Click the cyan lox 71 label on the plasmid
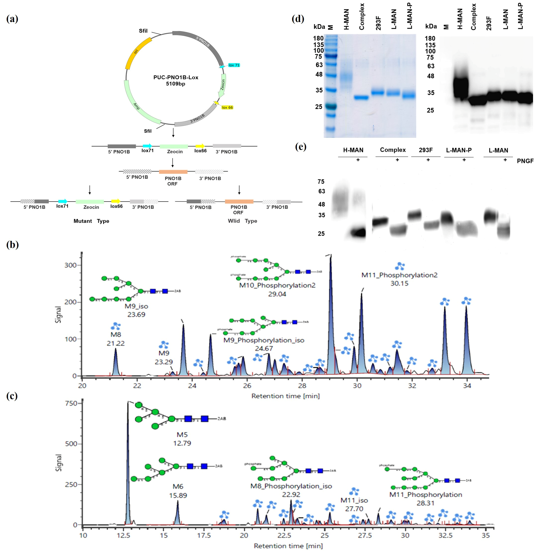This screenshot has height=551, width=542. point(234,65)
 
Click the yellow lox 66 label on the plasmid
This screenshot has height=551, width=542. point(227,108)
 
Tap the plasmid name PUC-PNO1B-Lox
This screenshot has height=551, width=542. point(176,77)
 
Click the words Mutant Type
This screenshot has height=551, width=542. point(91,221)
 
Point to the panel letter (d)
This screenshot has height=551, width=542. point(298,19)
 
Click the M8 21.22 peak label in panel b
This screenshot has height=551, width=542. point(116,339)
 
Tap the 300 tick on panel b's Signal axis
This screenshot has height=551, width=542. point(70,265)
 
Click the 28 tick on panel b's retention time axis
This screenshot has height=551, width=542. point(302,386)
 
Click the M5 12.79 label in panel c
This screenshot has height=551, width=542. point(182,439)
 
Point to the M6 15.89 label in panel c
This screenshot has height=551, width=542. point(178,491)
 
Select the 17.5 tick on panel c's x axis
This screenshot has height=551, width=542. point(204,535)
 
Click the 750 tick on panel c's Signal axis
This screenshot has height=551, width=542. point(71,404)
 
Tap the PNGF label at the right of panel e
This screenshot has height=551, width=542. point(525,161)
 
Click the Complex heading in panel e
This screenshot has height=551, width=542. point(393,150)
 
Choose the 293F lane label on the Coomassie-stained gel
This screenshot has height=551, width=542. point(378,23)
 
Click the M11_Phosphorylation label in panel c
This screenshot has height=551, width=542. point(425,495)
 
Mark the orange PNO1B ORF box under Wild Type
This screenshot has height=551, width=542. point(239,202)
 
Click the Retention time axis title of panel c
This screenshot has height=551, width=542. point(288,546)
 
